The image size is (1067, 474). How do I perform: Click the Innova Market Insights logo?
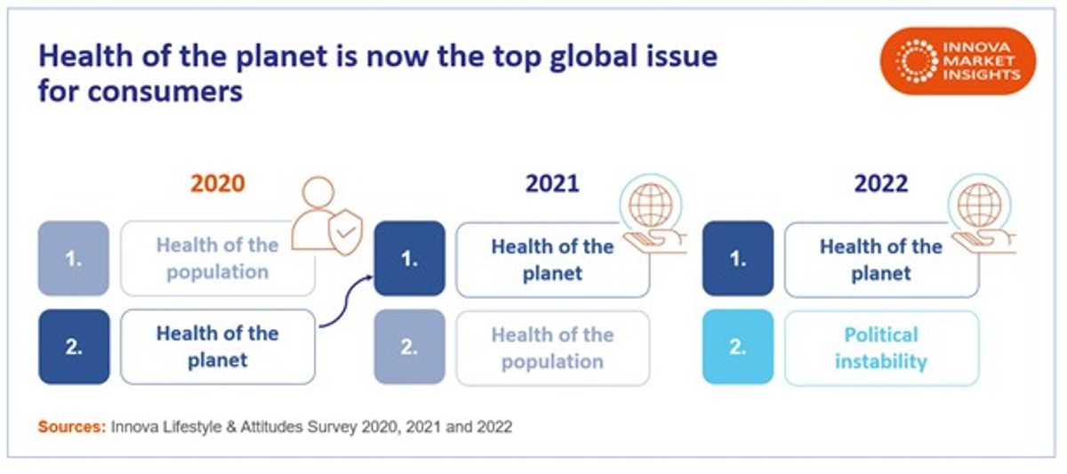[959, 60]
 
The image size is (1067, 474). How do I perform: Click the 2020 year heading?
[218, 183]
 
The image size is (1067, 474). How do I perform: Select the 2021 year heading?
[552, 183]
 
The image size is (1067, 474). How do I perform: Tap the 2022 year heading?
[881, 183]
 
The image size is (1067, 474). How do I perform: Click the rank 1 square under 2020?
[74, 258]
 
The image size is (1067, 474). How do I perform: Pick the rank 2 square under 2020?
[74, 347]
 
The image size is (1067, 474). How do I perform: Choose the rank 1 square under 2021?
[409, 258]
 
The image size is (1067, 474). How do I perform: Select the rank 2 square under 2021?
[409, 347]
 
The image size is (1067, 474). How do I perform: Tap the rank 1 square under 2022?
[738, 258]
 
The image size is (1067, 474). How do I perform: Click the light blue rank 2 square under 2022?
[738, 347]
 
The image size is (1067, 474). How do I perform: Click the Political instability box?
[881, 348]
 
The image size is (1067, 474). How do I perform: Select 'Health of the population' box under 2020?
[218, 258]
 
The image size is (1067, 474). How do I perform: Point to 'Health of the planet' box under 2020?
[218, 347]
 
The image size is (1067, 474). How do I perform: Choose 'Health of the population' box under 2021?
[552, 348]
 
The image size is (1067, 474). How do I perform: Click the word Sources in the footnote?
[70, 427]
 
